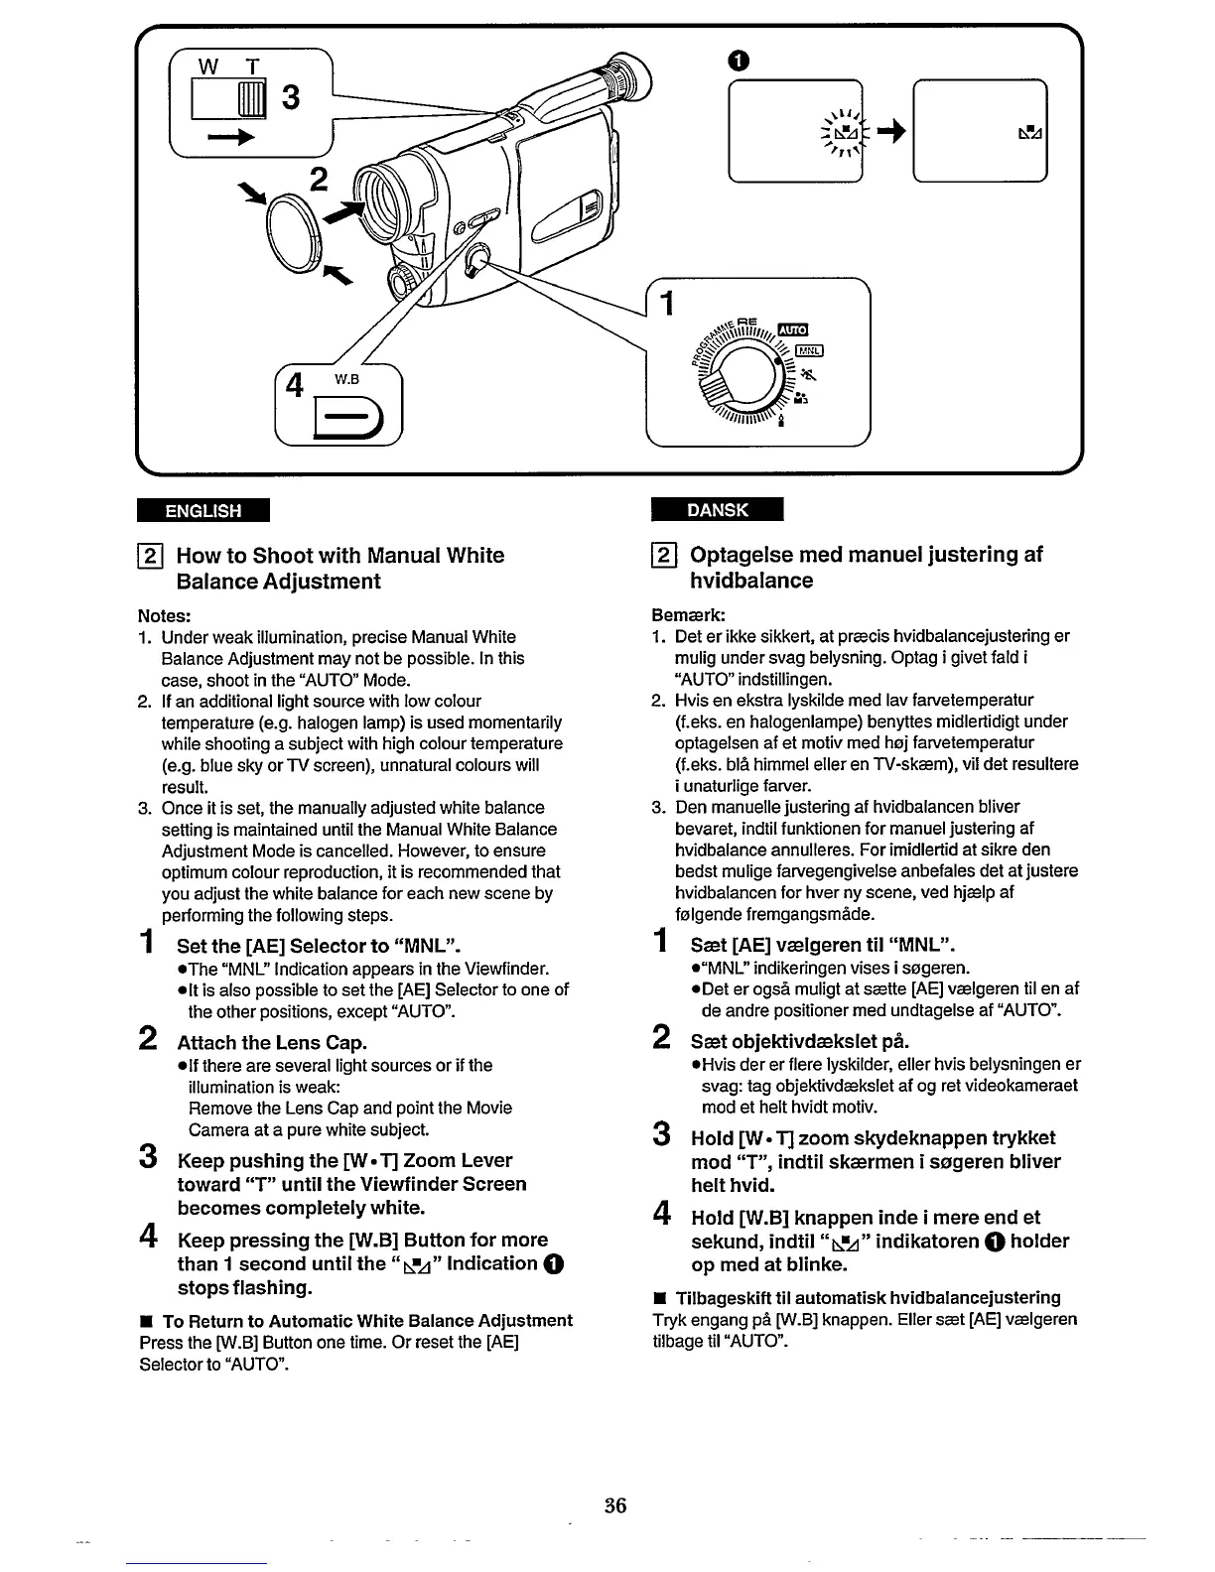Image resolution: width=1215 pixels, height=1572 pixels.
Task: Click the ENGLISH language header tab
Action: coord(203,511)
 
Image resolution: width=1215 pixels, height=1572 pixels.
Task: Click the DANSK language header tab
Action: coord(718,510)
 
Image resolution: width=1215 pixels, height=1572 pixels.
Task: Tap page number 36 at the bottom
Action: coord(615,1505)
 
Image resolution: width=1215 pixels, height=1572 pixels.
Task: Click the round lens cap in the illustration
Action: coord(293,231)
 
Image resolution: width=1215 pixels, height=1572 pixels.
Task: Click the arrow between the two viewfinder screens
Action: coord(890,134)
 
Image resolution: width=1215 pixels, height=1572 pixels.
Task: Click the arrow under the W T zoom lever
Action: coord(229,140)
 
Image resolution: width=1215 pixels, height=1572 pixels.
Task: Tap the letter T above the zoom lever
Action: coord(252,66)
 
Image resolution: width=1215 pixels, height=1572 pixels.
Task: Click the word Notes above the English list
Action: coord(164,615)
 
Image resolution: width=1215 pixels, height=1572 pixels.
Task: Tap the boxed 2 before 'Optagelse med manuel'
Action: coord(664,555)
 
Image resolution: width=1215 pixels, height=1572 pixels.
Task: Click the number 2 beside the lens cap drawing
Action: coord(318,179)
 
